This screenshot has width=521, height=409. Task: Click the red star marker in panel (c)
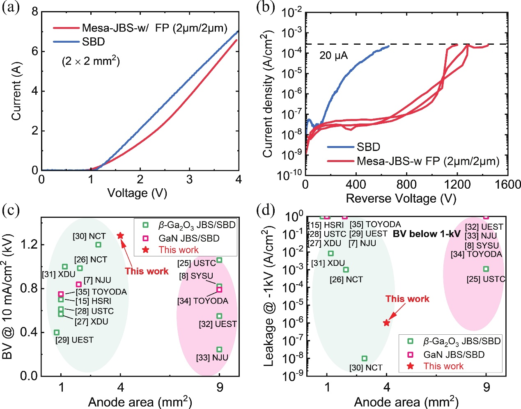[120, 235]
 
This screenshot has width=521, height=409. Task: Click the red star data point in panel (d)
[386, 322]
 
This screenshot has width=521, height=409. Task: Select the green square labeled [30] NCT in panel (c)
[98, 244]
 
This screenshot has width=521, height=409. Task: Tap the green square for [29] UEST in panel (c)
[57, 332]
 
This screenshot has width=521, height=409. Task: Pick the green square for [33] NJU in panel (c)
[219, 349]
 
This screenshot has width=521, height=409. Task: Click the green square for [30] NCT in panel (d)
[365, 358]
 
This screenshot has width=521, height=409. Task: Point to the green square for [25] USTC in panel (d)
[486, 269]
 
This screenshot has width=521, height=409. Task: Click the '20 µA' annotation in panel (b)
[333, 55]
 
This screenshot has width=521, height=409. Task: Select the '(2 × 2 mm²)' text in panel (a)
[91, 62]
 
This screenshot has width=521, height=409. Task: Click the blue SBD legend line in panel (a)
[66, 42]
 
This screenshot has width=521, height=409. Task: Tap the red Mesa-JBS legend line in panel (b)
[341, 161]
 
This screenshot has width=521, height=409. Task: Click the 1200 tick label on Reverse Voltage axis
[457, 185]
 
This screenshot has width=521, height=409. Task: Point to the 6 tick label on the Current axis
[35, 52]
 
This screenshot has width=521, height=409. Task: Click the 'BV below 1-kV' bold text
[427, 234]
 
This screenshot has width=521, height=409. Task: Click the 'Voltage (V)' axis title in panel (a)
[137, 193]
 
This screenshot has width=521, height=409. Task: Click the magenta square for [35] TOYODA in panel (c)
[61, 294]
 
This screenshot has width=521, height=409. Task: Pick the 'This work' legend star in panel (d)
[411, 366]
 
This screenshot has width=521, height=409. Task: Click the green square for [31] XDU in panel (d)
[331, 253]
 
